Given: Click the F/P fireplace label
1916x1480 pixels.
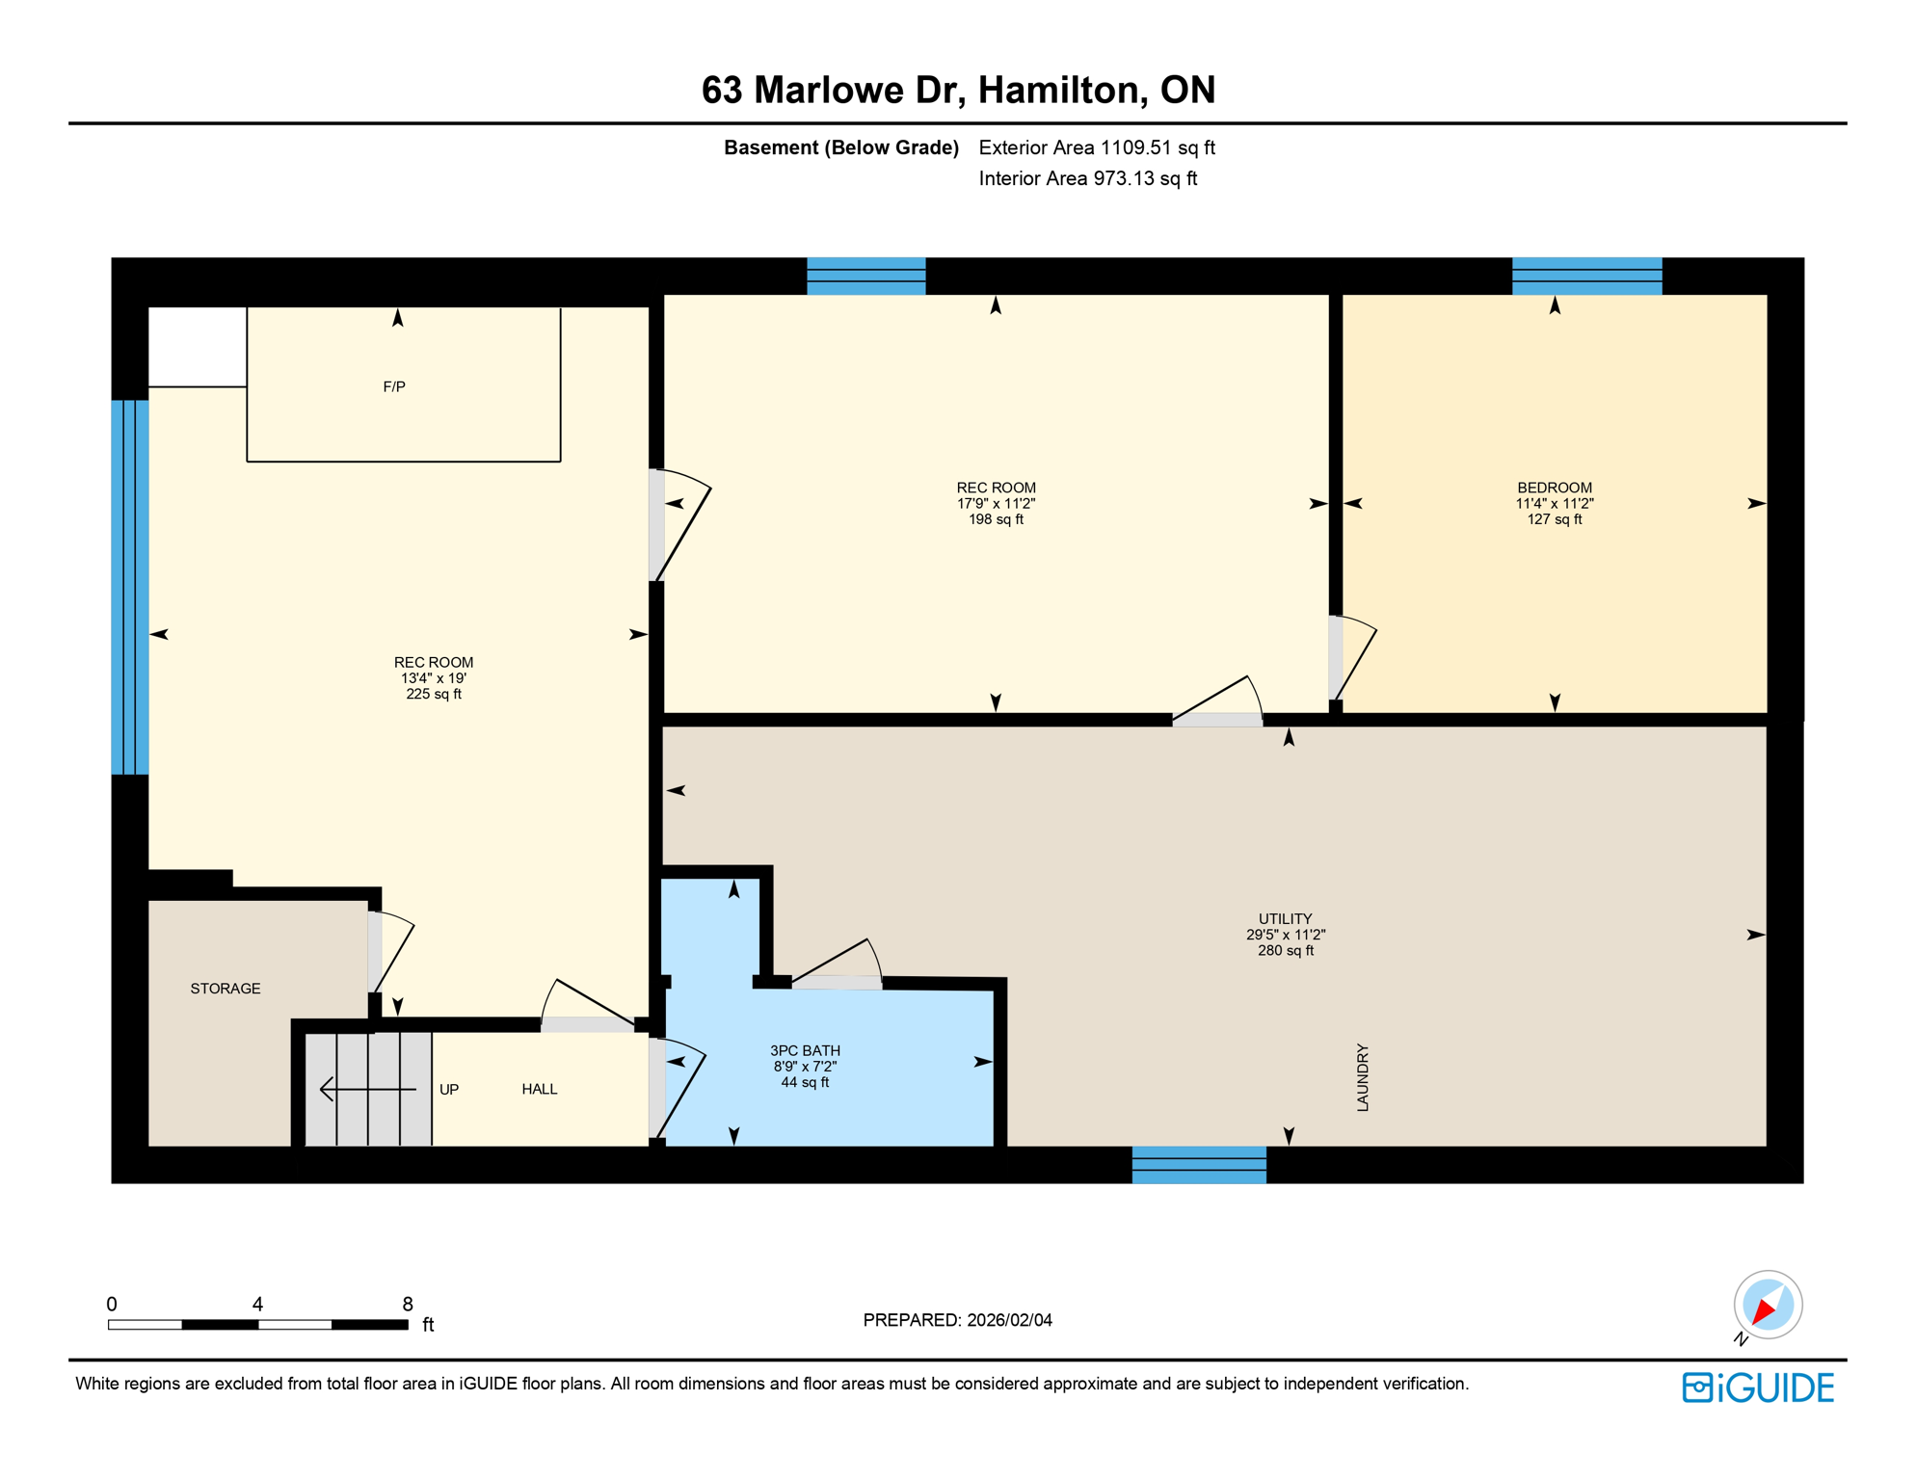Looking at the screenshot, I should [x=394, y=387].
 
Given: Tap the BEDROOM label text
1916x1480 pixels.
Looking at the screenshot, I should [x=1554, y=488].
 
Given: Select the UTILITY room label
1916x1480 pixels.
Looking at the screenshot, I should [x=1285, y=919].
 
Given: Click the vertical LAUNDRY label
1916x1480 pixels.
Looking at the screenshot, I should [x=1363, y=1077].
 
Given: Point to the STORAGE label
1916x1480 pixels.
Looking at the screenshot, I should [x=226, y=989].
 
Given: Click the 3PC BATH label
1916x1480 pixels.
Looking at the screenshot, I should [x=805, y=1051].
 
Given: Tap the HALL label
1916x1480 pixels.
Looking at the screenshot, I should [x=540, y=1090].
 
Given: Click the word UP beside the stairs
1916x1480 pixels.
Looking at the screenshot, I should [x=449, y=1090].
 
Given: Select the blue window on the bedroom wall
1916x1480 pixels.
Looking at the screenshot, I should [x=1586, y=277].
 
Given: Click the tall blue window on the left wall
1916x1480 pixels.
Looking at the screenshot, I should [x=130, y=587].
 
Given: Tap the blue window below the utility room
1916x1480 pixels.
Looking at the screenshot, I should [x=1199, y=1165].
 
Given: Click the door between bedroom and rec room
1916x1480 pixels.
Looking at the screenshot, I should [x=1337, y=658].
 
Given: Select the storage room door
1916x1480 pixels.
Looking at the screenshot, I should [x=375, y=952].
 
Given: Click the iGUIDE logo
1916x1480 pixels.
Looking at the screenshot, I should [x=1758, y=1387].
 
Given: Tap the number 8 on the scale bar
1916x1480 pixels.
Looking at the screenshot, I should [x=408, y=1305].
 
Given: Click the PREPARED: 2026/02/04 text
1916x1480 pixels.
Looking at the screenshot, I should [x=957, y=1320].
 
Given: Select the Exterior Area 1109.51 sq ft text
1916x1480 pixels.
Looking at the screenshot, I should [x=1096, y=147].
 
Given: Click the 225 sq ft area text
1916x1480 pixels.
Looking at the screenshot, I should [x=434, y=695].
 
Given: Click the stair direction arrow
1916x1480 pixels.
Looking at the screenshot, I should [x=366, y=1090].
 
